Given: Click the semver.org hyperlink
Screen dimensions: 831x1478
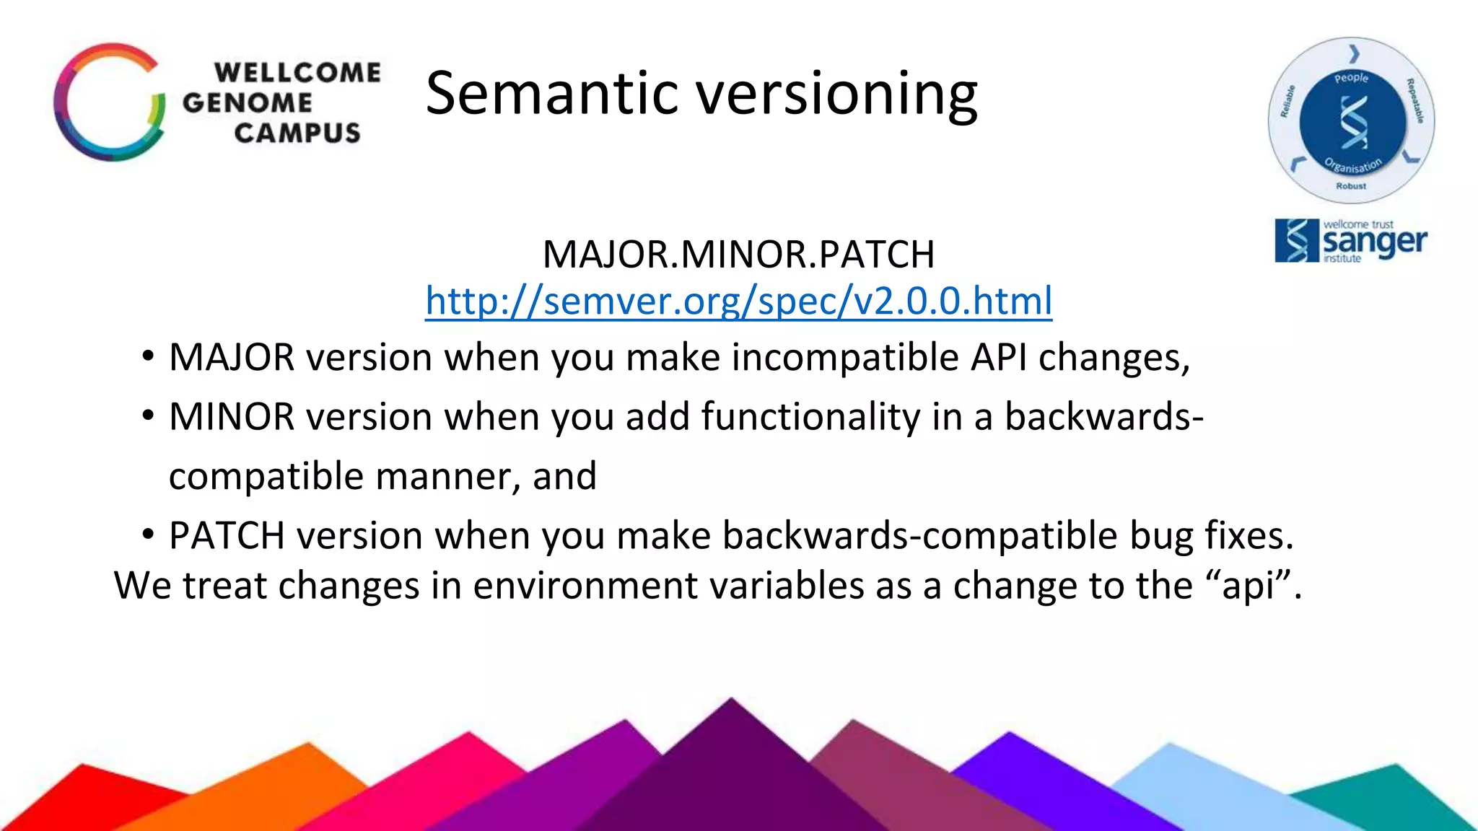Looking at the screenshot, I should [738, 302].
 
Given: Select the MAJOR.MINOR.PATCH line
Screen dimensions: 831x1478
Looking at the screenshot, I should [738, 255].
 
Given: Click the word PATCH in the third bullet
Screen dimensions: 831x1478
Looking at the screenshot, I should [227, 536].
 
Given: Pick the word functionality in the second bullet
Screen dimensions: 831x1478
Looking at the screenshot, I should [810, 417].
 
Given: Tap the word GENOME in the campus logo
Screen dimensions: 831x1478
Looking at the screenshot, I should [247, 103].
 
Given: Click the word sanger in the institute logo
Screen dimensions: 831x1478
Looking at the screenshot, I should [1375, 243].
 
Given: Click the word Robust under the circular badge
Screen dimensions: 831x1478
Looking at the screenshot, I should [1351, 186].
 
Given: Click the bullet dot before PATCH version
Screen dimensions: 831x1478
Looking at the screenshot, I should [148, 535].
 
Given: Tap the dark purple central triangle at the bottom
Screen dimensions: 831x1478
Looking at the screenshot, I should [730, 779].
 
